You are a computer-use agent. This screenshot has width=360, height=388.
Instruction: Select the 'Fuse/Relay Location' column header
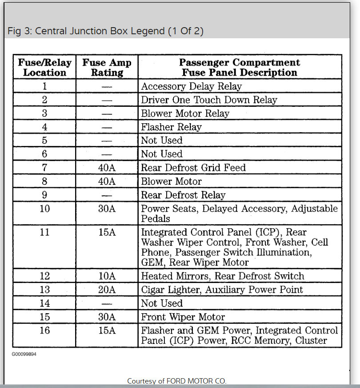[x=44, y=67]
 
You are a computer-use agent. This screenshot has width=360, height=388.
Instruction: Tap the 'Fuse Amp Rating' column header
[x=107, y=67]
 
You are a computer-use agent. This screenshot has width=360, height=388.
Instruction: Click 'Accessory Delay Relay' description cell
[x=191, y=86]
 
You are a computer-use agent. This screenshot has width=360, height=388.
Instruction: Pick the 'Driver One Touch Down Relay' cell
[x=209, y=100]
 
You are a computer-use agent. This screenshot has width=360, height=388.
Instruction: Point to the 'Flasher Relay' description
[x=171, y=127]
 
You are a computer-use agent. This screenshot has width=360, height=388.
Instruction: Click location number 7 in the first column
[x=44, y=168]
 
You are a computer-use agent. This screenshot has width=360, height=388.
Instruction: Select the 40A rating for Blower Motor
[x=107, y=182]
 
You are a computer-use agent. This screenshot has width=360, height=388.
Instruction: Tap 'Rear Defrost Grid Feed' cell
[x=193, y=168]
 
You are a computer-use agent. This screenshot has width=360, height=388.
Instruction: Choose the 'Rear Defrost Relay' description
[x=183, y=195]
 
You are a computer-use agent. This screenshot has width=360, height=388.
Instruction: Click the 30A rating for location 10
[x=107, y=209]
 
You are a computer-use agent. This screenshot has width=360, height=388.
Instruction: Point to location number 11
[x=44, y=232]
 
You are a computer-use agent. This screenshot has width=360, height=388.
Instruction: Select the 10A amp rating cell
[x=107, y=276]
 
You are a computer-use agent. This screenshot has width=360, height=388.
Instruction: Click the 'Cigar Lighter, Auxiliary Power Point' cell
[x=222, y=290]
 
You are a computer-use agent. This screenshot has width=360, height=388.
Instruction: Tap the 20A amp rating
[x=107, y=290]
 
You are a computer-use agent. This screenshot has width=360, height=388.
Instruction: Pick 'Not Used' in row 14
[x=162, y=303]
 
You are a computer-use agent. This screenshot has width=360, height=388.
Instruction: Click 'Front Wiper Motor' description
[x=183, y=317]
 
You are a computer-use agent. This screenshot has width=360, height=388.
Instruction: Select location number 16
[x=44, y=331]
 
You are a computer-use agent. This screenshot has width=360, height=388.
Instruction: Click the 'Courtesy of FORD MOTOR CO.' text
[x=176, y=381]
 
